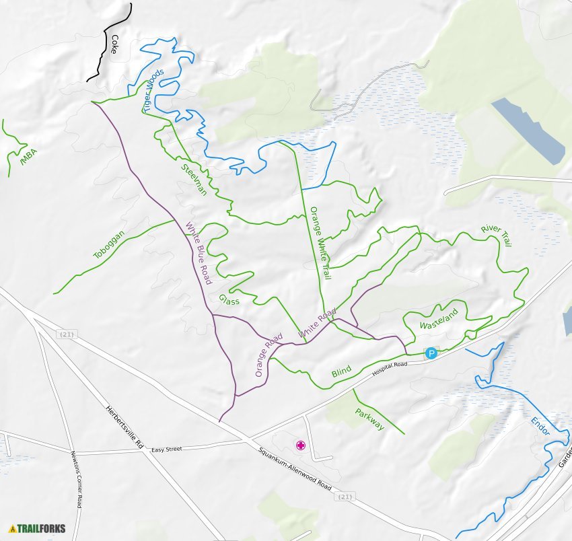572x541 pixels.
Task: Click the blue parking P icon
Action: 431,353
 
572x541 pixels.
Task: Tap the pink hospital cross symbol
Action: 301,445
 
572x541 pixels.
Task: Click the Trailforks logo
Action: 38,528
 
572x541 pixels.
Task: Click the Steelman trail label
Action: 194,178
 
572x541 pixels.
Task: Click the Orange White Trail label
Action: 320,243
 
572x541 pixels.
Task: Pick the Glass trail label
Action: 229,299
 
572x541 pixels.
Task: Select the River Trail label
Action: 496,236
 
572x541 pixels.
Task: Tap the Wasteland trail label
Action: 438,318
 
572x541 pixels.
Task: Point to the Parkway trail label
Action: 369,420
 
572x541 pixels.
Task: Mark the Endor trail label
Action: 540,426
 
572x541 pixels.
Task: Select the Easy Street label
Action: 168,449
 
